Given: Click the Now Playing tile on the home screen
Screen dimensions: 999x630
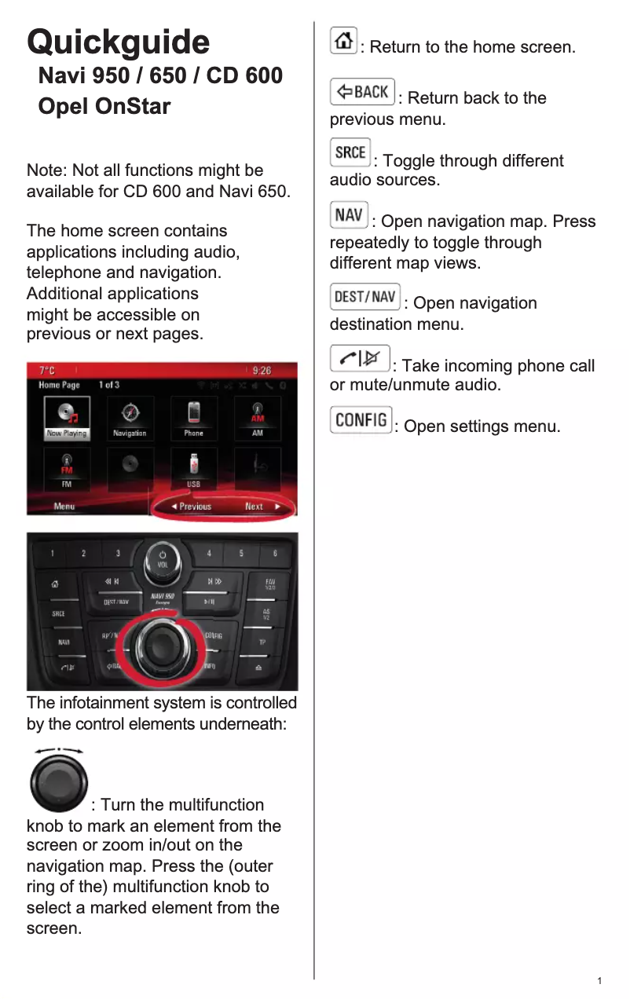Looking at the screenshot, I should pos(67,417).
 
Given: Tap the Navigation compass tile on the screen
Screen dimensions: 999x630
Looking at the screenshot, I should pos(130,417).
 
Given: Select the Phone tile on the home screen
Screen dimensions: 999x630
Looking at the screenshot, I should pos(193,417).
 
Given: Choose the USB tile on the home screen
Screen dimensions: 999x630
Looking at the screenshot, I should pos(193,468).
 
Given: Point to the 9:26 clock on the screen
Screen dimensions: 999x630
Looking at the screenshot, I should pos(262,370).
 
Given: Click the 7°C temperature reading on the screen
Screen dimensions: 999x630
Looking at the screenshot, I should pos(48,370).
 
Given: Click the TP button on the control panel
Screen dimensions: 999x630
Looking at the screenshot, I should pos(262,642).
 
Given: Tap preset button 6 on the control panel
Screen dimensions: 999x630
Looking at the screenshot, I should pos(274,554).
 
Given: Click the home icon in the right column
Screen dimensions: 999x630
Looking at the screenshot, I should pos(342,41).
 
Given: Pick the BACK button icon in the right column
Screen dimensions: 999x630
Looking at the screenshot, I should pos(362,92).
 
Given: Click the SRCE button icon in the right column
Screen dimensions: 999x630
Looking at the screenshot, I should pos(350,152).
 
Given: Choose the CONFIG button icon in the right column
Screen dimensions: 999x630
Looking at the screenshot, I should pos(361,419).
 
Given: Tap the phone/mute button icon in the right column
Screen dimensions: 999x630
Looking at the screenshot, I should pos(360,358).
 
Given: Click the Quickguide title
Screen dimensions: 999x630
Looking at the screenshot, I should pos(118,42).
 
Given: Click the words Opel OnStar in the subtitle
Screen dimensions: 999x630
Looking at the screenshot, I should pos(104,106).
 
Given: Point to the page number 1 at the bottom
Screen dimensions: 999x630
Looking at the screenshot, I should pos(599,981).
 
